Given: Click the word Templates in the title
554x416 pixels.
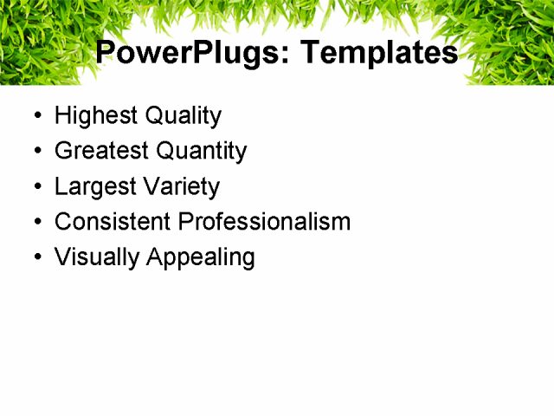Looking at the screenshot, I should coord(377,53).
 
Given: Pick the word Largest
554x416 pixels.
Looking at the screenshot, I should coord(90,187).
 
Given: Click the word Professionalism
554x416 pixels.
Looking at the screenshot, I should coord(264,222).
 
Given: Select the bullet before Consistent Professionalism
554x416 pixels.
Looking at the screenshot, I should coord(35,223).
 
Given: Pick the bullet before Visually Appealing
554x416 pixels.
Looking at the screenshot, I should coord(35,258).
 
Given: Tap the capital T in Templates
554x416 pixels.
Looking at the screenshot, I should coord(307,53).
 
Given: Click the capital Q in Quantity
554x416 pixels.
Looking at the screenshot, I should coord(166,152).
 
